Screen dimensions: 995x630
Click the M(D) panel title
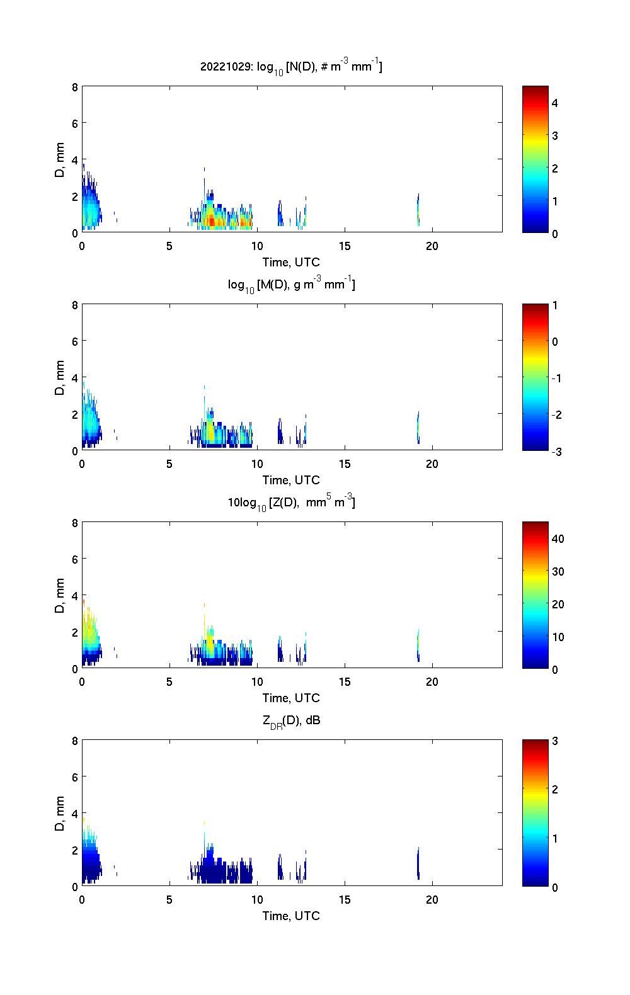click(x=291, y=285)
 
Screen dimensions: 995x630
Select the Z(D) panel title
click(x=291, y=503)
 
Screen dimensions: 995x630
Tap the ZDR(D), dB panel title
click(x=291, y=720)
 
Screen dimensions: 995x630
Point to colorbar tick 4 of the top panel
click(x=555, y=103)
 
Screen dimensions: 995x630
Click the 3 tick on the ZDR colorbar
click(x=555, y=741)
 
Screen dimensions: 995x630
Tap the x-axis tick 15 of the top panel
click(x=344, y=246)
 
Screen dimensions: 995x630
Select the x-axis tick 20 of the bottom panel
click(x=432, y=900)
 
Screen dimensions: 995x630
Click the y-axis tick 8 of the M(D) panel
click(x=74, y=305)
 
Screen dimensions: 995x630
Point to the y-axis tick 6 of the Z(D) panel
click(x=74, y=559)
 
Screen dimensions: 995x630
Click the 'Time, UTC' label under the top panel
click(x=291, y=262)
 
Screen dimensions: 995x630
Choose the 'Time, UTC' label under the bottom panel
click(x=291, y=916)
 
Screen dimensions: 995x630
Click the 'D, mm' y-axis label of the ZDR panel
click(x=60, y=813)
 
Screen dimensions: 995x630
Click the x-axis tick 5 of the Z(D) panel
click(x=169, y=682)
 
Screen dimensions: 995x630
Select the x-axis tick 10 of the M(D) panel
click(x=256, y=464)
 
